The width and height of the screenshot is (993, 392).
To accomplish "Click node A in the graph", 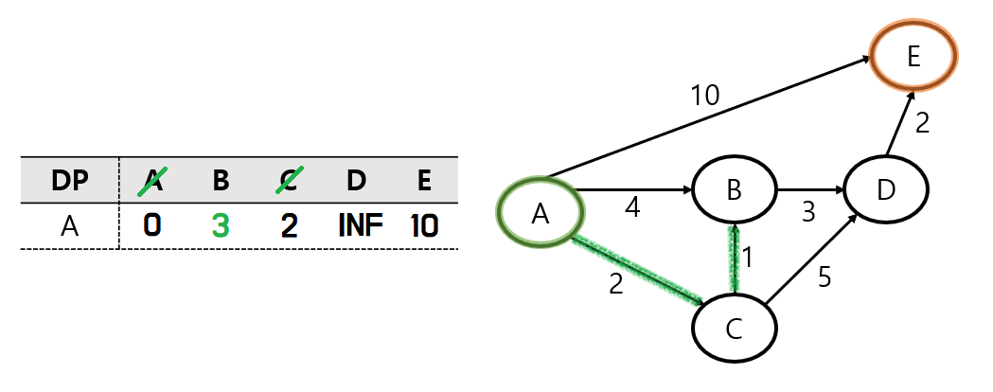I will [x=541, y=214].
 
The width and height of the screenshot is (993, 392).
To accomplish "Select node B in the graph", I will [x=734, y=190].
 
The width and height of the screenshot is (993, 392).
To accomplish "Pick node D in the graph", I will [x=885, y=190].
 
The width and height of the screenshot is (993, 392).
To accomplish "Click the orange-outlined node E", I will [x=913, y=57].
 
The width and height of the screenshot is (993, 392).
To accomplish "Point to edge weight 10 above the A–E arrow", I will [x=704, y=95].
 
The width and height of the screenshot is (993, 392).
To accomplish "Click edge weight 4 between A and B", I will [x=631, y=208].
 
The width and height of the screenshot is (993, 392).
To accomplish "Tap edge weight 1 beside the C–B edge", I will [x=747, y=257].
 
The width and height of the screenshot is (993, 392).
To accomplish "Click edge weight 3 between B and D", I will [x=807, y=212].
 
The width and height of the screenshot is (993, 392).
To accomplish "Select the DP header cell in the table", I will [x=70, y=180].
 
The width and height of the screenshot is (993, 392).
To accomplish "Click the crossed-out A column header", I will [x=151, y=180].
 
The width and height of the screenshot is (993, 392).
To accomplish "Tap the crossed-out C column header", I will [x=290, y=180].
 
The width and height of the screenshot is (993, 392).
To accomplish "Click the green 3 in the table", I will [x=220, y=225].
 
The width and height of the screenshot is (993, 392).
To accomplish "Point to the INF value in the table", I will [x=359, y=225].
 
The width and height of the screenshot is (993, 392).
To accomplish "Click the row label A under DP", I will [x=70, y=225].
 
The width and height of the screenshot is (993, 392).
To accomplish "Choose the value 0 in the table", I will [x=151, y=225].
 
